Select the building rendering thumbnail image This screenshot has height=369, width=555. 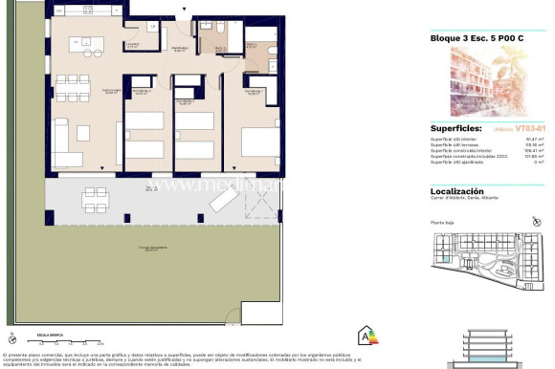[484, 83]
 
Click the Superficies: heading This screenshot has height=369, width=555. [454, 127]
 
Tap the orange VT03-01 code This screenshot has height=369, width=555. [528, 127]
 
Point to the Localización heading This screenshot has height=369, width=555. [456, 191]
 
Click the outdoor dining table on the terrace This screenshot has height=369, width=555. [94, 200]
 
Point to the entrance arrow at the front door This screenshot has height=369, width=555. [174, 11]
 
